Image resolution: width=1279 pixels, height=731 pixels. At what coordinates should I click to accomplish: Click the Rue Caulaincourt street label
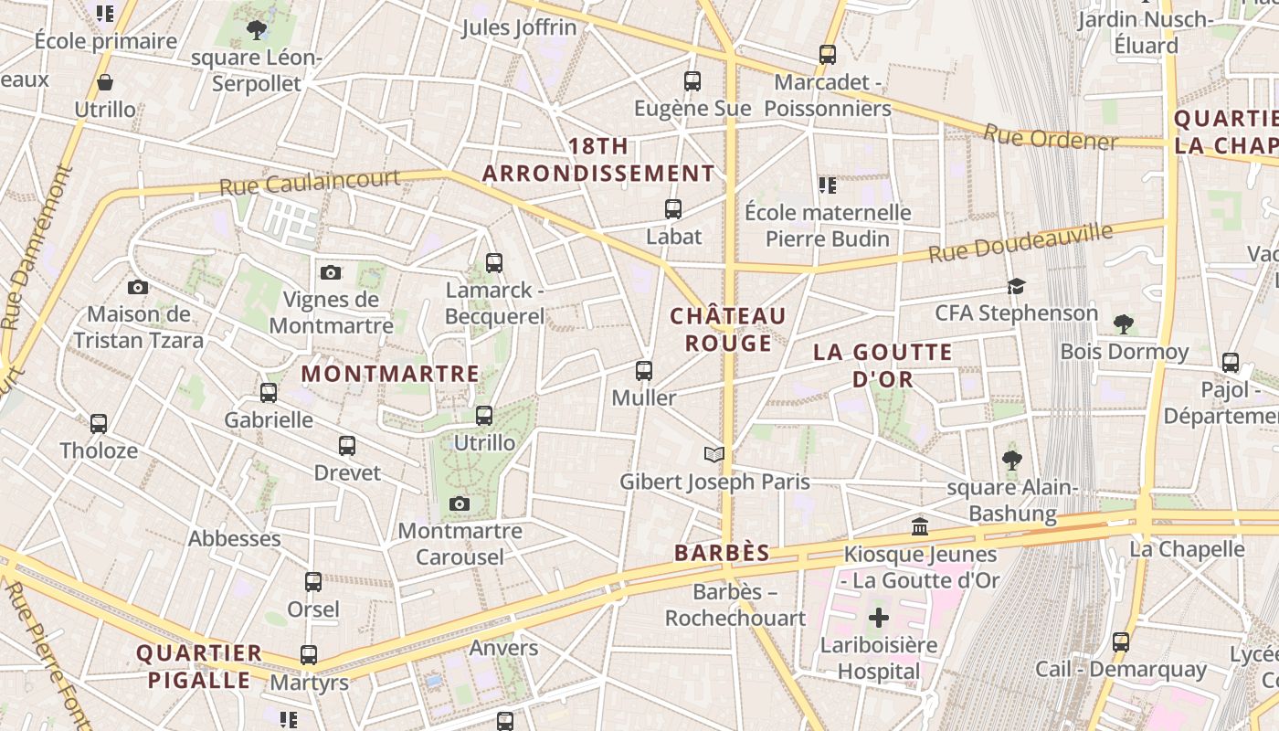click(309, 182)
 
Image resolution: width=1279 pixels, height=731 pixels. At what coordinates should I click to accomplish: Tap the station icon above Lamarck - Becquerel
click(494, 263)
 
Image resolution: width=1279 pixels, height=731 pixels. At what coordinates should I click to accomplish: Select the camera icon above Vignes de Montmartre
click(331, 272)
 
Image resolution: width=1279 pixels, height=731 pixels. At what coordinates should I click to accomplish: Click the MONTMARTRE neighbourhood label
click(390, 374)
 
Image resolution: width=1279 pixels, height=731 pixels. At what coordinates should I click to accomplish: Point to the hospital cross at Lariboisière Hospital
click(878, 618)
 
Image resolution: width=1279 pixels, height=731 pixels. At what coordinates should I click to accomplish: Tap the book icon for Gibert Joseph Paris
click(714, 454)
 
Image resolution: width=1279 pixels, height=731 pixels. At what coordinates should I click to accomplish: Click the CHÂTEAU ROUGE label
click(728, 330)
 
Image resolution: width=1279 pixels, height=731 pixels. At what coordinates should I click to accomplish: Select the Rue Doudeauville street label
click(1020, 242)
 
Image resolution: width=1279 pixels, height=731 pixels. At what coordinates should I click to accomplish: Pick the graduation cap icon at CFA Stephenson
click(1016, 287)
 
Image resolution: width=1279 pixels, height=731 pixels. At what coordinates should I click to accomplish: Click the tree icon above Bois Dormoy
click(1124, 323)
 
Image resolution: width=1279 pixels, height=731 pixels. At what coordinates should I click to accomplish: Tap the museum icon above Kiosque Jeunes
click(920, 527)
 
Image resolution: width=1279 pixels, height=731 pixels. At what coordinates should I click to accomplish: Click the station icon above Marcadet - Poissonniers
click(828, 55)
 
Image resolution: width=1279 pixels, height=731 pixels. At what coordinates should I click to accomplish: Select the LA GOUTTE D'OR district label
click(883, 365)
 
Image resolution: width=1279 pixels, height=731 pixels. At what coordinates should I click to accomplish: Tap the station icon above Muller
click(644, 371)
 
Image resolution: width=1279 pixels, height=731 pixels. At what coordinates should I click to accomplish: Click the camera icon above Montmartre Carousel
click(460, 504)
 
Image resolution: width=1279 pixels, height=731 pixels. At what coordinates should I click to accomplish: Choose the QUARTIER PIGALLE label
click(199, 666)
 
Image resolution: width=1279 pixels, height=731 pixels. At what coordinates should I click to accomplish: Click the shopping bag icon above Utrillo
click(105, 83)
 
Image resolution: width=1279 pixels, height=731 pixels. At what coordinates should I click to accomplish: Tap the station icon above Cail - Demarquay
click(1121, 642)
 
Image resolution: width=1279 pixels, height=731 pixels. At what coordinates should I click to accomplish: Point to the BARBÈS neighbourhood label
click(722, 553)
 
